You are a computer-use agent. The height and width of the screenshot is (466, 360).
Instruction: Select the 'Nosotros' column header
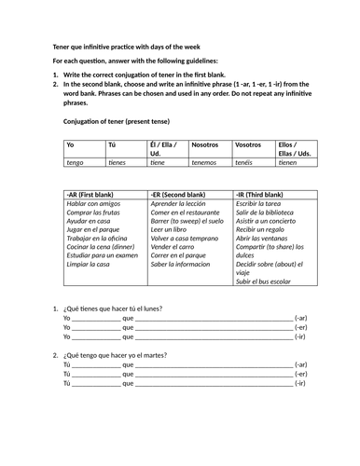pyautogui.click(x=204, y=145)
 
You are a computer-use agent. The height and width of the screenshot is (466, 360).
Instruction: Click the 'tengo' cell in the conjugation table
pyautogui.click(x=76, y=162)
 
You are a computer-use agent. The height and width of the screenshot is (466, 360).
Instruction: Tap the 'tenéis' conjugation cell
pyautogui.click(x=244, y=162)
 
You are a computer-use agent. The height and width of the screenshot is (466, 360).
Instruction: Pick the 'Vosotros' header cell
pyautogui.click(x=248, y=145)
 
